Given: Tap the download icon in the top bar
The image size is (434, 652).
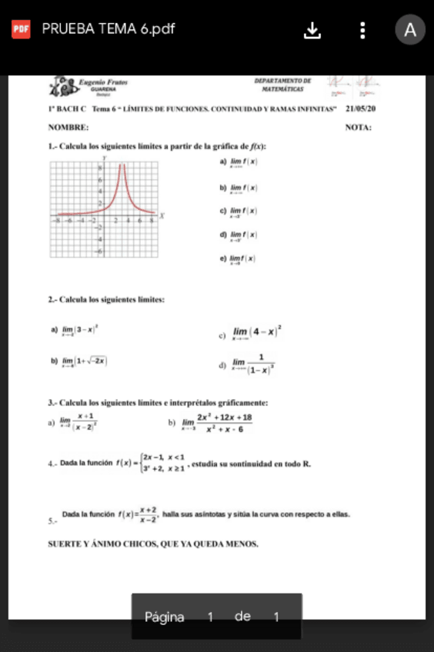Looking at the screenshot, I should [312, 30].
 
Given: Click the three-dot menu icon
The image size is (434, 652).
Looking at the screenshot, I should [363, 30].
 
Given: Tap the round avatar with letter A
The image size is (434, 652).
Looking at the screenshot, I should [410, 30].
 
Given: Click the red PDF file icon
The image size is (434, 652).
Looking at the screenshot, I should [20, 30].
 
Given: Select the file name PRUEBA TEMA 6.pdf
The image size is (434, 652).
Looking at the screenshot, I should [108, 29].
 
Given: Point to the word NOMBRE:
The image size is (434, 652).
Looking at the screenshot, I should [68, 127].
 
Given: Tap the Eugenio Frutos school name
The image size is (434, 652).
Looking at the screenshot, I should [103, 82].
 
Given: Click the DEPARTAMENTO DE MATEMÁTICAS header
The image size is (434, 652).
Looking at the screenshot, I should [282, 85].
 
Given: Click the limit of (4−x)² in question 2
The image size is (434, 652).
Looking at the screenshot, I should [257, 333].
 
